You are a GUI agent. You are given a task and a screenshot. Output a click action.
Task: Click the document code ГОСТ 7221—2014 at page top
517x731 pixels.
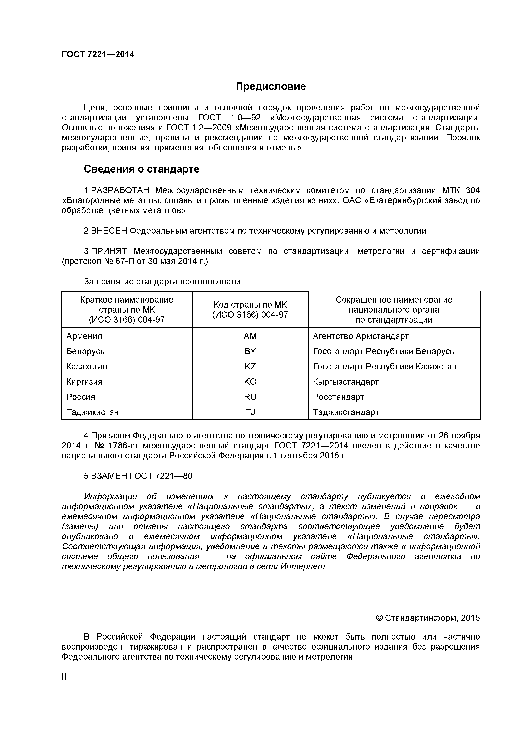coord(98,55)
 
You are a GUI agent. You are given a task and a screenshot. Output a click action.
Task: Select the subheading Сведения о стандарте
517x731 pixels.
coord(141,169)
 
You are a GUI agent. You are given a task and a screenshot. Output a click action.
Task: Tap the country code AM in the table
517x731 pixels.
coord(250,336)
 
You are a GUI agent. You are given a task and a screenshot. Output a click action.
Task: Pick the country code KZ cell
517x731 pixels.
coord(250,367)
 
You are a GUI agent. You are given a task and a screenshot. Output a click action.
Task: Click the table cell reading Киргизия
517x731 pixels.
coord(84,382)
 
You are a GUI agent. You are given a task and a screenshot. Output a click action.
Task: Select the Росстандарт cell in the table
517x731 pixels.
coord(338,397)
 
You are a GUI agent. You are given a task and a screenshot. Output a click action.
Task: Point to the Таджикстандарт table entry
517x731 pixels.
coord(346,412)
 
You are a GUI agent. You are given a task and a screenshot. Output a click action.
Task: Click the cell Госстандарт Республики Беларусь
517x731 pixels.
coord(383,352)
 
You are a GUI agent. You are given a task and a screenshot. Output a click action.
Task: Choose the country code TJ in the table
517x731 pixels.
coord(250,412)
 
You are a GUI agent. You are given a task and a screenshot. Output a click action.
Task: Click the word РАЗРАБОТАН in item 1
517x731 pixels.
coord(120,190)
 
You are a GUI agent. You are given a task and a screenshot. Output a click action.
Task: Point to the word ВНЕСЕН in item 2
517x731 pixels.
coord(109,231)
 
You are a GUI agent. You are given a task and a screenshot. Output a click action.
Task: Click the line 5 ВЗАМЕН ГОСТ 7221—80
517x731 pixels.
coord(138,476)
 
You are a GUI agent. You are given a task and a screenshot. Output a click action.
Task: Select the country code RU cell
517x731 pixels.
coord(250,397)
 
